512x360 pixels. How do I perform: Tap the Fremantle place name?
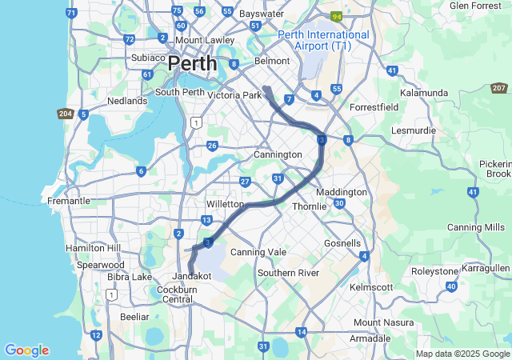69,201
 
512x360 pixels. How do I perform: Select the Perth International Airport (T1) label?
324,41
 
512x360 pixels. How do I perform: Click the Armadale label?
370,338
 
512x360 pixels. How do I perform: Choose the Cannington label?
278,154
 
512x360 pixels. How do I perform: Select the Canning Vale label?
258,252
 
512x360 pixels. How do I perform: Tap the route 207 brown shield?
499,88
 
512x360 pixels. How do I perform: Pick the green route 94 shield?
338,15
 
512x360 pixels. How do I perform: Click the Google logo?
26,350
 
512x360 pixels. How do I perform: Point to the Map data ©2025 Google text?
462,354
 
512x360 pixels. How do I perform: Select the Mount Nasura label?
379,322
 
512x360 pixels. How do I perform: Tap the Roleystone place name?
434,270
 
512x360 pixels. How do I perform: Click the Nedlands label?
128,102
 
